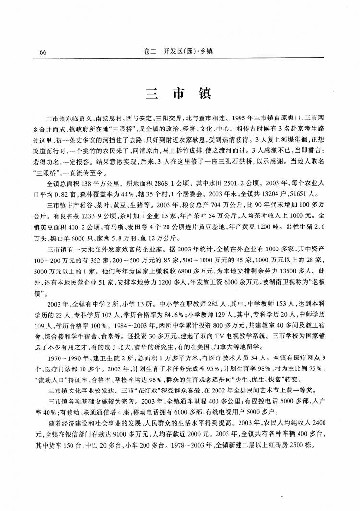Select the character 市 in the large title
pos(178,93)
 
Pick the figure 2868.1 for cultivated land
pos(131,184)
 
